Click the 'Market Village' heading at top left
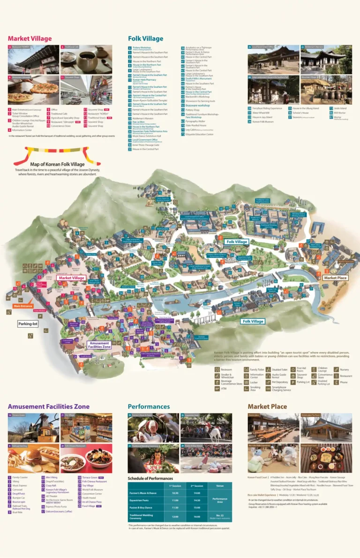(x=30, y=38)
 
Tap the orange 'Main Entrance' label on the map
(x=22, y=306)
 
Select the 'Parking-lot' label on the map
(x=28, y=324)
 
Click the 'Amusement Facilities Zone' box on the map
(x=99, y=345)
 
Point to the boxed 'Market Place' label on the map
(x=336, y=278)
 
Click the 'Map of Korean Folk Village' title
(x=57, y=164)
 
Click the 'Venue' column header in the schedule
(x=220, y=486)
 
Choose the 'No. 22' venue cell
(x=220, y=516)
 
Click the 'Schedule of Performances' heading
(x=150, y=478)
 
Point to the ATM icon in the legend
(x=217, y=389)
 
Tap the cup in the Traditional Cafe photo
(x=87, y=61)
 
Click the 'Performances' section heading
(x=149, y=406)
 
